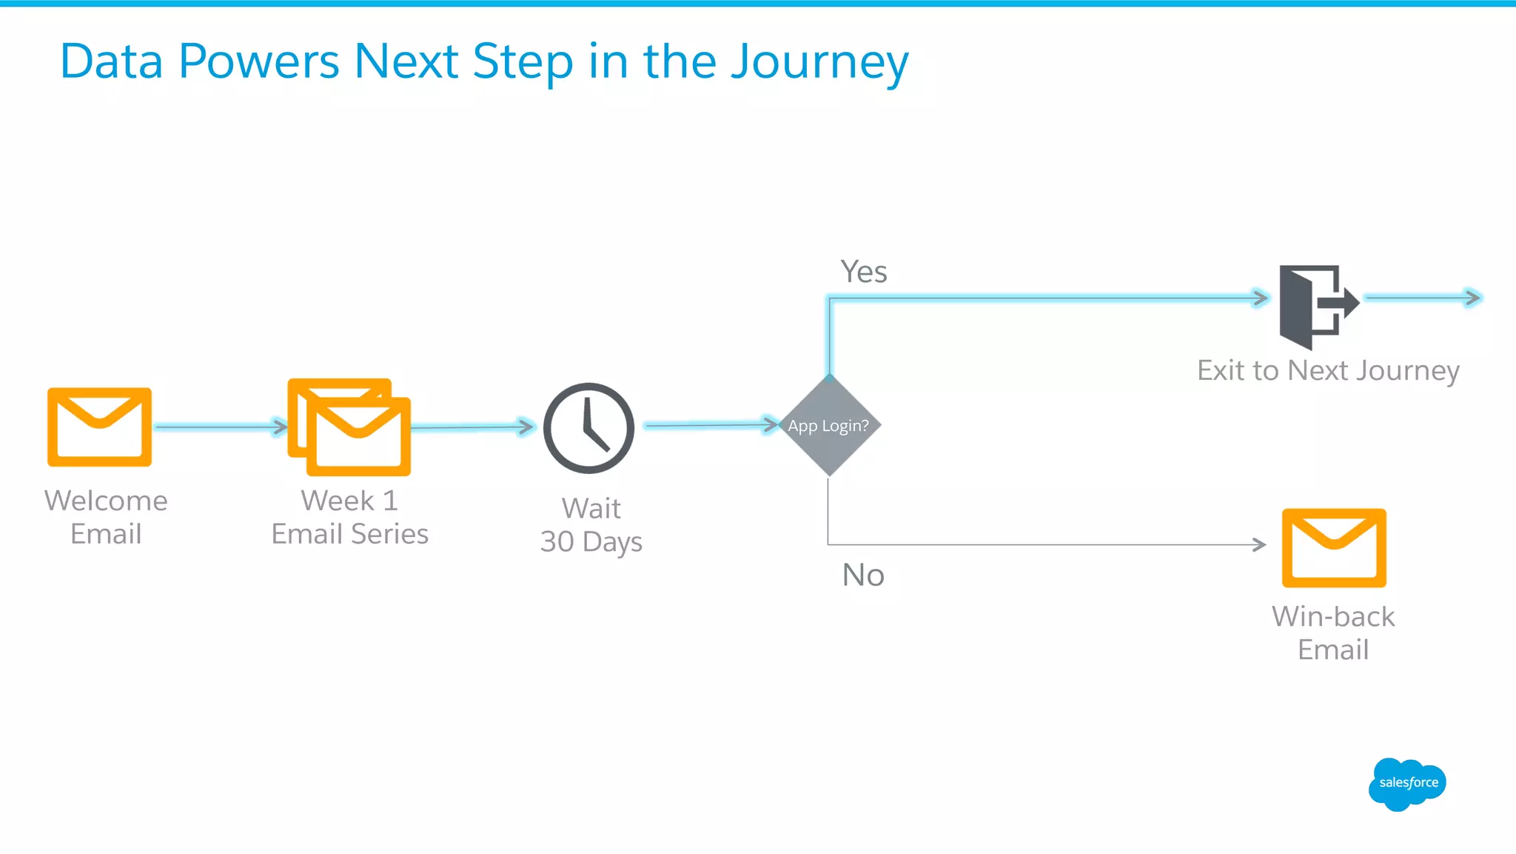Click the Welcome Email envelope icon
click(x=99, y=427)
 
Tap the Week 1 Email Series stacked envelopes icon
click(x=349, y=427)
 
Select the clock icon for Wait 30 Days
click(x=588, y=428)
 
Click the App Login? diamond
click(x=829, y=425)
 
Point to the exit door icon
click(x=1317, y=306)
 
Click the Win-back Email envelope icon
click(x=1334, y=547)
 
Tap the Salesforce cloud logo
click(x=1407, y=784)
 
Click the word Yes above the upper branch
click(x=863, y=272)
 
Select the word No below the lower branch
click(x=863, y=576)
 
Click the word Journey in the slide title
click(x=819, y=62)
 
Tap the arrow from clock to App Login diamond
click(x=711, y=424)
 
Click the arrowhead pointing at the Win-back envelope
click(x=1259, y=544)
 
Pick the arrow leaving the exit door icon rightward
click(x=1421, y=298)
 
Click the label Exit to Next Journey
click(x=1328, y=370)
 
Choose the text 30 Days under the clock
click(x=591, y=541)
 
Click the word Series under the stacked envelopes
click(x=389, y=534)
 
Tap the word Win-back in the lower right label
click(x=1333, y=616)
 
